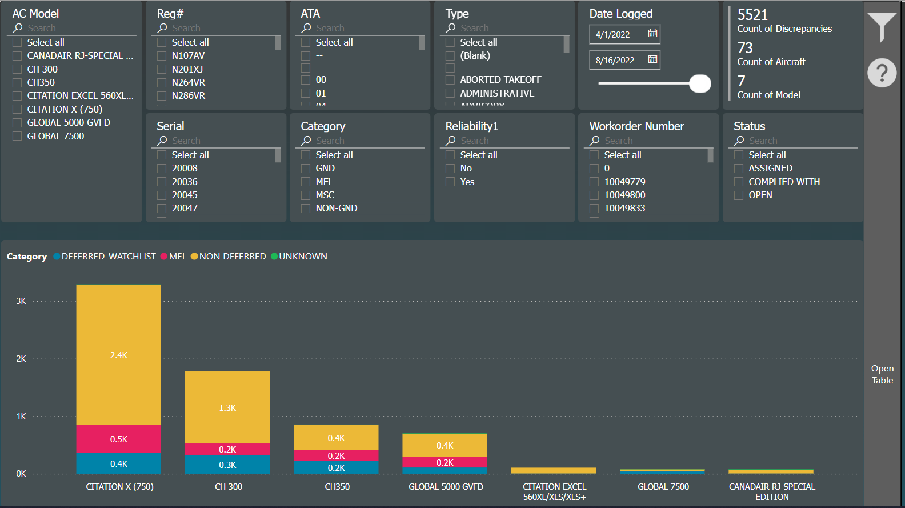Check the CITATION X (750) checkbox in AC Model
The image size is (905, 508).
[x=17, y=109]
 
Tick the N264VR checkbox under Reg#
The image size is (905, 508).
[x=162, y=82]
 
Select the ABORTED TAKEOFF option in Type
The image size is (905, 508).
[x=450, y=79]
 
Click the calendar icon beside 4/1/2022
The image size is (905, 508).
[x=652, y=34]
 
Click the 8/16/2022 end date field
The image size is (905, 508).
[x=616, y=60]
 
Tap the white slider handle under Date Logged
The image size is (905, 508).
[x=700, y=83]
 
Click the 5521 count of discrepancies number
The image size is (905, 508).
[x=752, y=15]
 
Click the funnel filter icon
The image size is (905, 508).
[x=882, y=26]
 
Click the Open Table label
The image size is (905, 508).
[x=882, y=374]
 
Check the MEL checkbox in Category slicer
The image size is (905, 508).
[x=306, y=182]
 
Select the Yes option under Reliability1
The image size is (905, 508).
[x=450, y=182]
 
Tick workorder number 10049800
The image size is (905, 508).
[x=594, y=195]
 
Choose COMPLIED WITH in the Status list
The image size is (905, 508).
[x=739, y=182]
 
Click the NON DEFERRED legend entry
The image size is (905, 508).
[x=232, y=257]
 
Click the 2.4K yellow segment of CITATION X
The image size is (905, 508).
[x=118, y=355]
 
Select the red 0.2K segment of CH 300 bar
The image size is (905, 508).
[x=227, y=449]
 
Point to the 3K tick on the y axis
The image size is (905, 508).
[x=21, y=301]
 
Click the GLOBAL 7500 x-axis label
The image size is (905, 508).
[x=663, y=487]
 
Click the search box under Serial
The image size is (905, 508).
[x=217, y=141]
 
